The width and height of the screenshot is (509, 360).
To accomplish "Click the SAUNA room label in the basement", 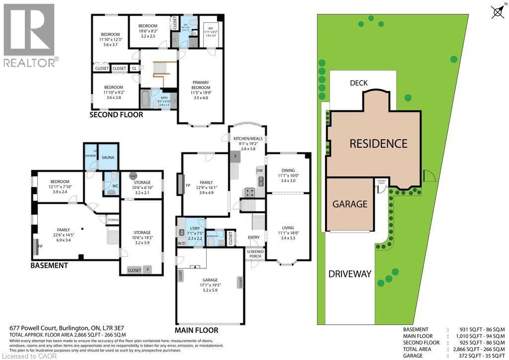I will tap(108, 157).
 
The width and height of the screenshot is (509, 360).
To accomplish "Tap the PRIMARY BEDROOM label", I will tap(200, 85).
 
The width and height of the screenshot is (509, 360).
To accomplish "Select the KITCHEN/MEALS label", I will tap(248, 139).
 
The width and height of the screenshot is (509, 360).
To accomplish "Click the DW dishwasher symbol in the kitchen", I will tap(259, 170).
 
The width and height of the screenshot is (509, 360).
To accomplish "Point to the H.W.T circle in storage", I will tap(133, 177).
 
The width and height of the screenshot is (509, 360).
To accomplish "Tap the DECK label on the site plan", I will tap(358, 83).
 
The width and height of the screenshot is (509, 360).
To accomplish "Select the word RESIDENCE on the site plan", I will tap(378, 144).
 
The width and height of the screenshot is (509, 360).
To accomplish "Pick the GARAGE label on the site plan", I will tap(349, 204).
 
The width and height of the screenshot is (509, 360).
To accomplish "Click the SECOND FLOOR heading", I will tap(116, 115).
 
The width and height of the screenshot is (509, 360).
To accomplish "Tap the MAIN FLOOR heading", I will tap(196, 330).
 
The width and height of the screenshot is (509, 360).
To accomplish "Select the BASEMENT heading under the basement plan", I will tap(49, 266).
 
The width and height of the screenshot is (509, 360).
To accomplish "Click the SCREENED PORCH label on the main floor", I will tap(255, 254).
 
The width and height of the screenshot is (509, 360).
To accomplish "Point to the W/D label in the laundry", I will tap(182, 244).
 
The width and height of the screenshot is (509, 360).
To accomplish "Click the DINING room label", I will tap(288, 170).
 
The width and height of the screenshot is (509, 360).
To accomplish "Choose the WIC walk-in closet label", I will tap(210, 28).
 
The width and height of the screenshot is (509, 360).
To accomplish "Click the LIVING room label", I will tap(288, 227).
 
